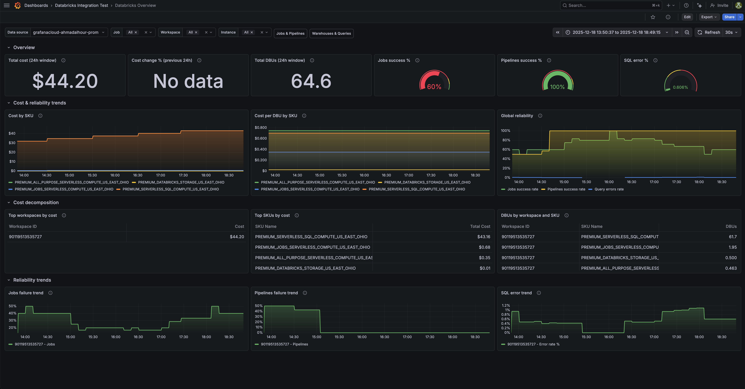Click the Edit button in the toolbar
tap(687, 17)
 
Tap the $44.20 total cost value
tap(65, 81)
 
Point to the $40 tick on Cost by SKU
tap(12, 133)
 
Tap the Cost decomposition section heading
tap(36, 203)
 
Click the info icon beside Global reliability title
tap(540, 116)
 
